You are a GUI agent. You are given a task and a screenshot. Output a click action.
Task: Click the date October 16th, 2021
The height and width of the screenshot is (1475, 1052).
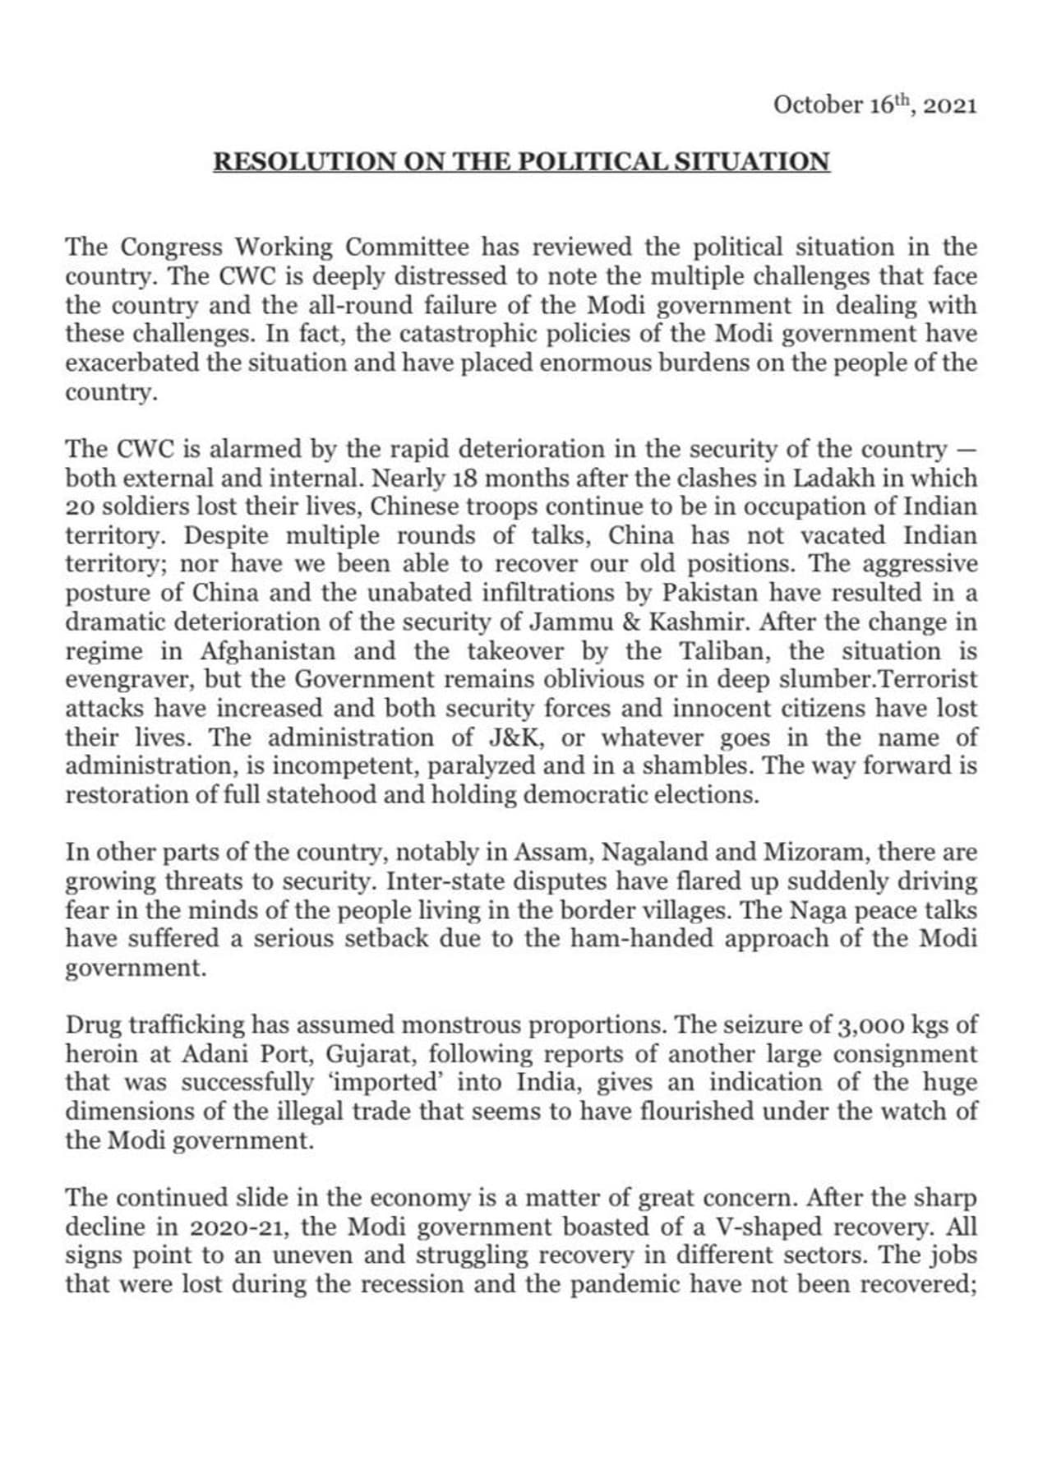(x=874, y=106)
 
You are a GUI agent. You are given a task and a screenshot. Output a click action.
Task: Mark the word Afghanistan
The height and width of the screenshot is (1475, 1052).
(x=267, y=651)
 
